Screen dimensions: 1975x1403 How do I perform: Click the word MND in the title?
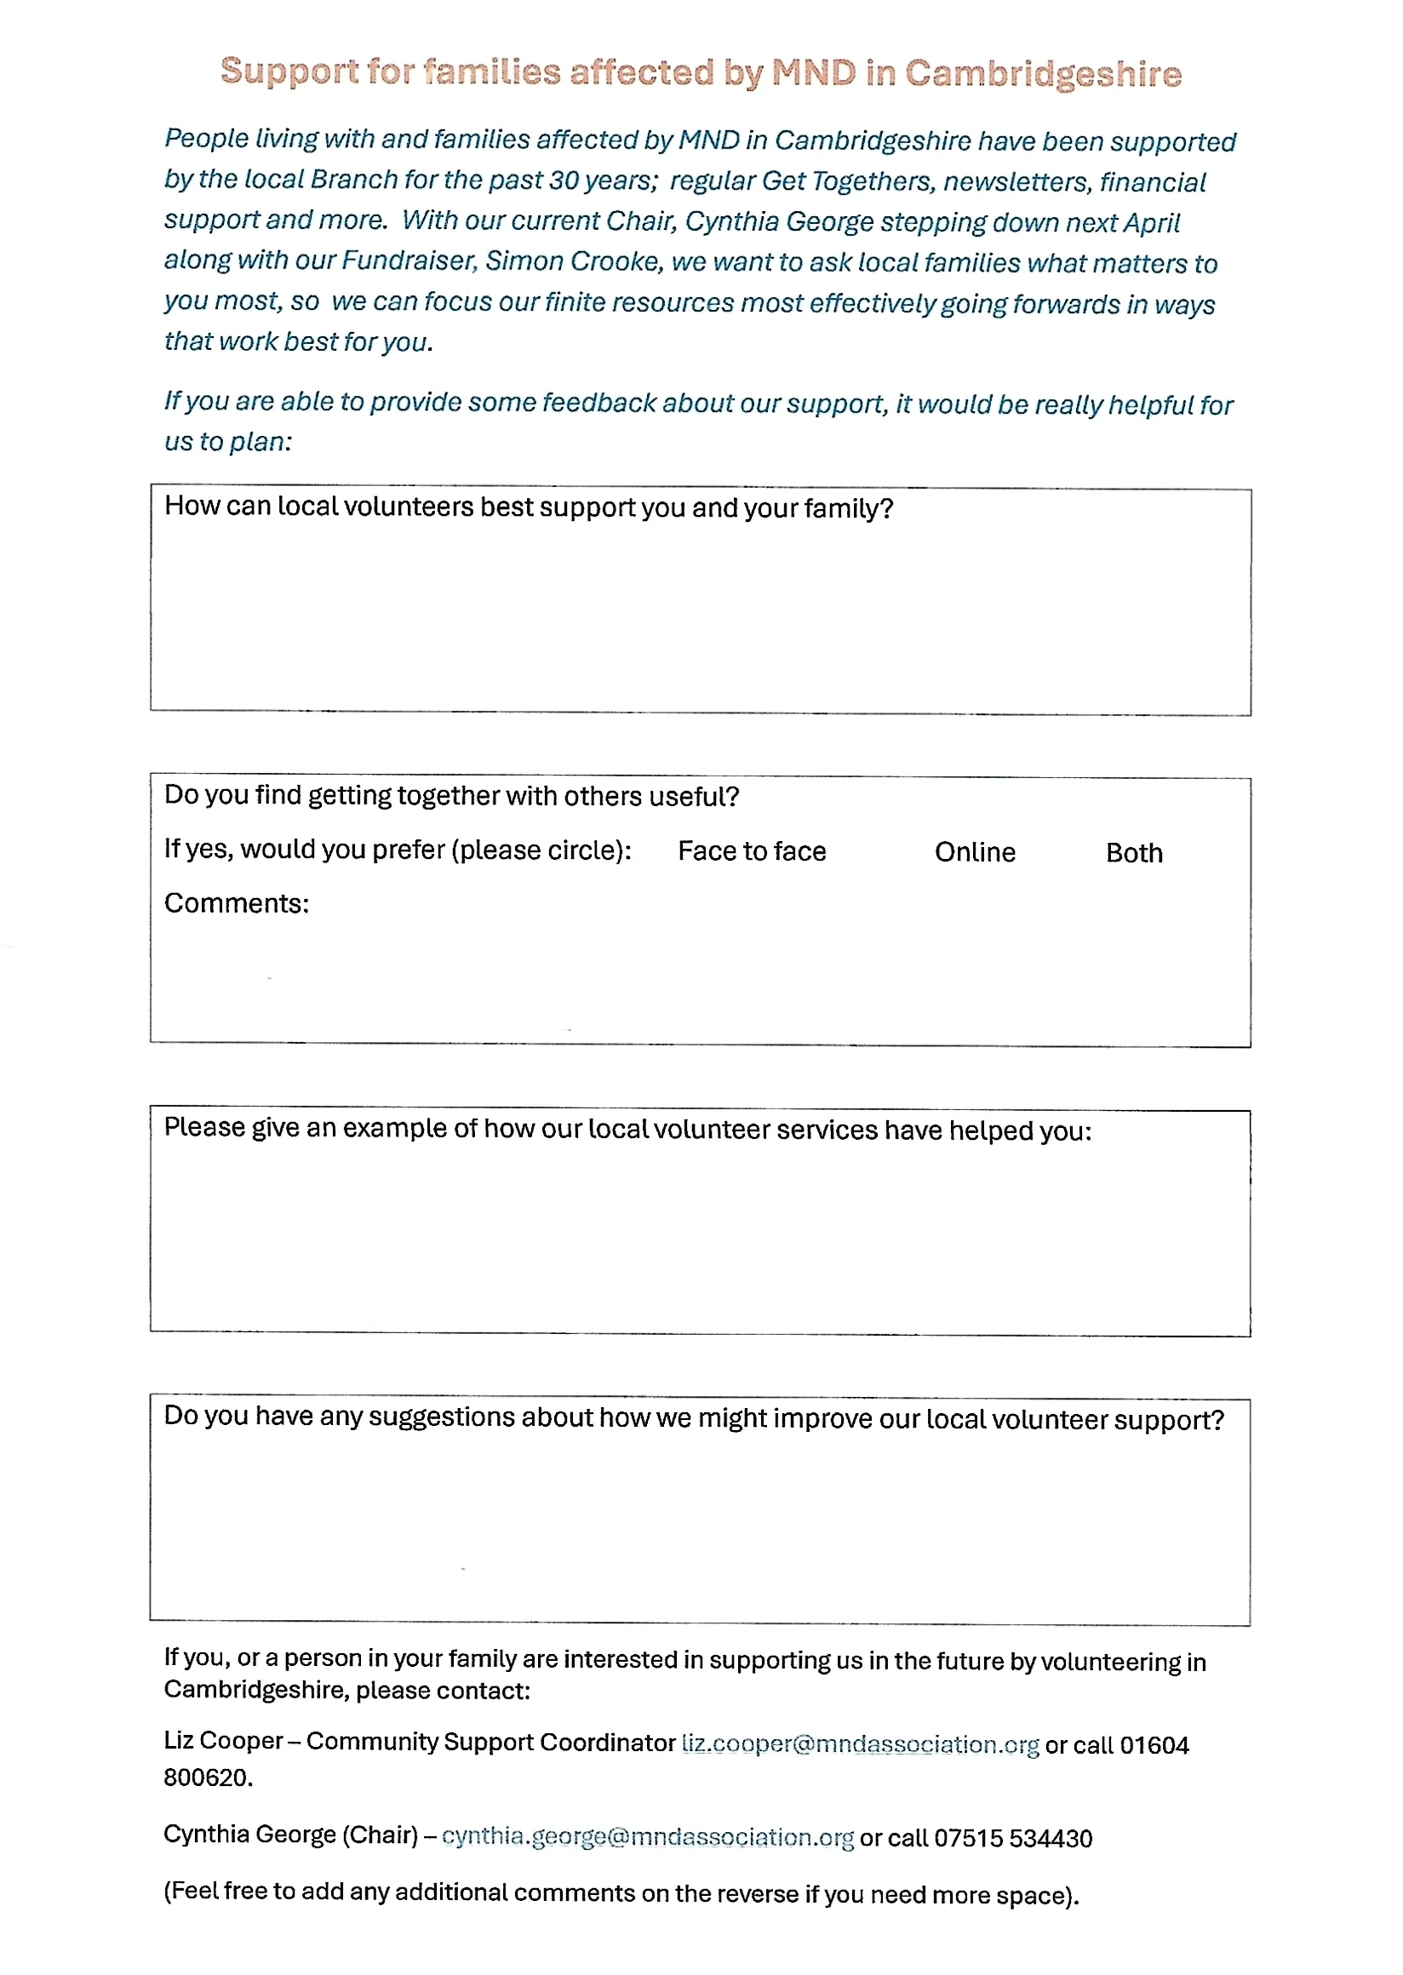tap(813, 72)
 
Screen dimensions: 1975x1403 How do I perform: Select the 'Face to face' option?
tap(751, 851)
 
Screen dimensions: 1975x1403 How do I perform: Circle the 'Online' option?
tap(975, 852)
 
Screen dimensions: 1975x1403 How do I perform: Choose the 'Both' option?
tap(1133, 853)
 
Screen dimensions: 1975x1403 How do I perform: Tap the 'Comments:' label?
tap(236, 903)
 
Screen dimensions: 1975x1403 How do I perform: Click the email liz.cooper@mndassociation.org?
tap(860, 1743)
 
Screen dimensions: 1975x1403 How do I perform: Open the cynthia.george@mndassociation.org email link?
tap(647, 1837)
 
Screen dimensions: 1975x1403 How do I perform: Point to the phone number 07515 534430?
tap(1012, 1838)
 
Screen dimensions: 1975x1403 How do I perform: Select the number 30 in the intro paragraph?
tap(564, 180)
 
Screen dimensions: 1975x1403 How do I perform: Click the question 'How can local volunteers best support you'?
tap(528, 507)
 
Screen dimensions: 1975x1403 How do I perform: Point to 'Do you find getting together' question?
tap(451, 795)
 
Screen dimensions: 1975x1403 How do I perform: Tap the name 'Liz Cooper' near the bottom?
tap(223, 1741)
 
